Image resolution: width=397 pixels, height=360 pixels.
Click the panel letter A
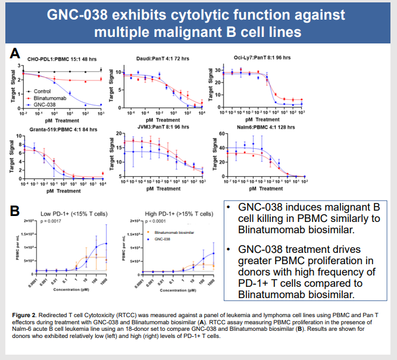(x=16, y=54)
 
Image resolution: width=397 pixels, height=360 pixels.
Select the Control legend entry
(x=39, y=91)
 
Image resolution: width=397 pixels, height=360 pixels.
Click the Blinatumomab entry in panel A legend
(x=45, y=98)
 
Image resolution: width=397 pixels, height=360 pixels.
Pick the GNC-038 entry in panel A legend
(x=42, y=104)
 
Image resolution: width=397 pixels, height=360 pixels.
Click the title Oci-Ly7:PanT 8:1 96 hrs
(x=254, y=58)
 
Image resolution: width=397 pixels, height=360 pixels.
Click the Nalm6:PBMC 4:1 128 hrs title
(x=253, y=127)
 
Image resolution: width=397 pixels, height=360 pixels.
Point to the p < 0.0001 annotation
(x=155, y=220)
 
